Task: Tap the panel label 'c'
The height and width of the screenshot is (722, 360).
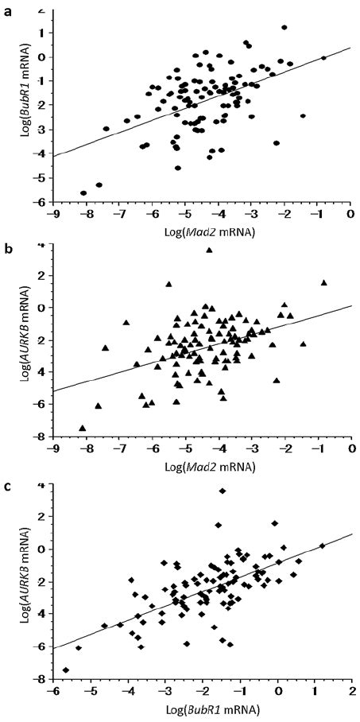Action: [8, 487]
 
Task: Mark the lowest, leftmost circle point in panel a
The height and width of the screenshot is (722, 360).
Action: [83, 192]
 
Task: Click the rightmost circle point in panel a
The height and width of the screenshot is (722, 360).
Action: [323, 57]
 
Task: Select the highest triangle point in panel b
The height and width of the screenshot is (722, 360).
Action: [210, 250]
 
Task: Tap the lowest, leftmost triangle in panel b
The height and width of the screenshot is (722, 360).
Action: [82, 428]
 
